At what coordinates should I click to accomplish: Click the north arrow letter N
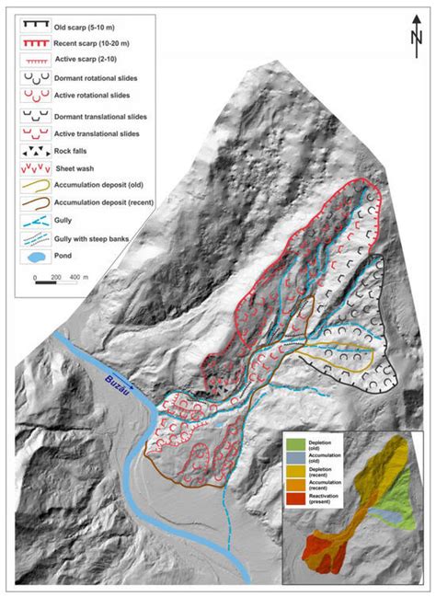417,36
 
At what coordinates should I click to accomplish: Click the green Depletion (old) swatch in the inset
293,449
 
